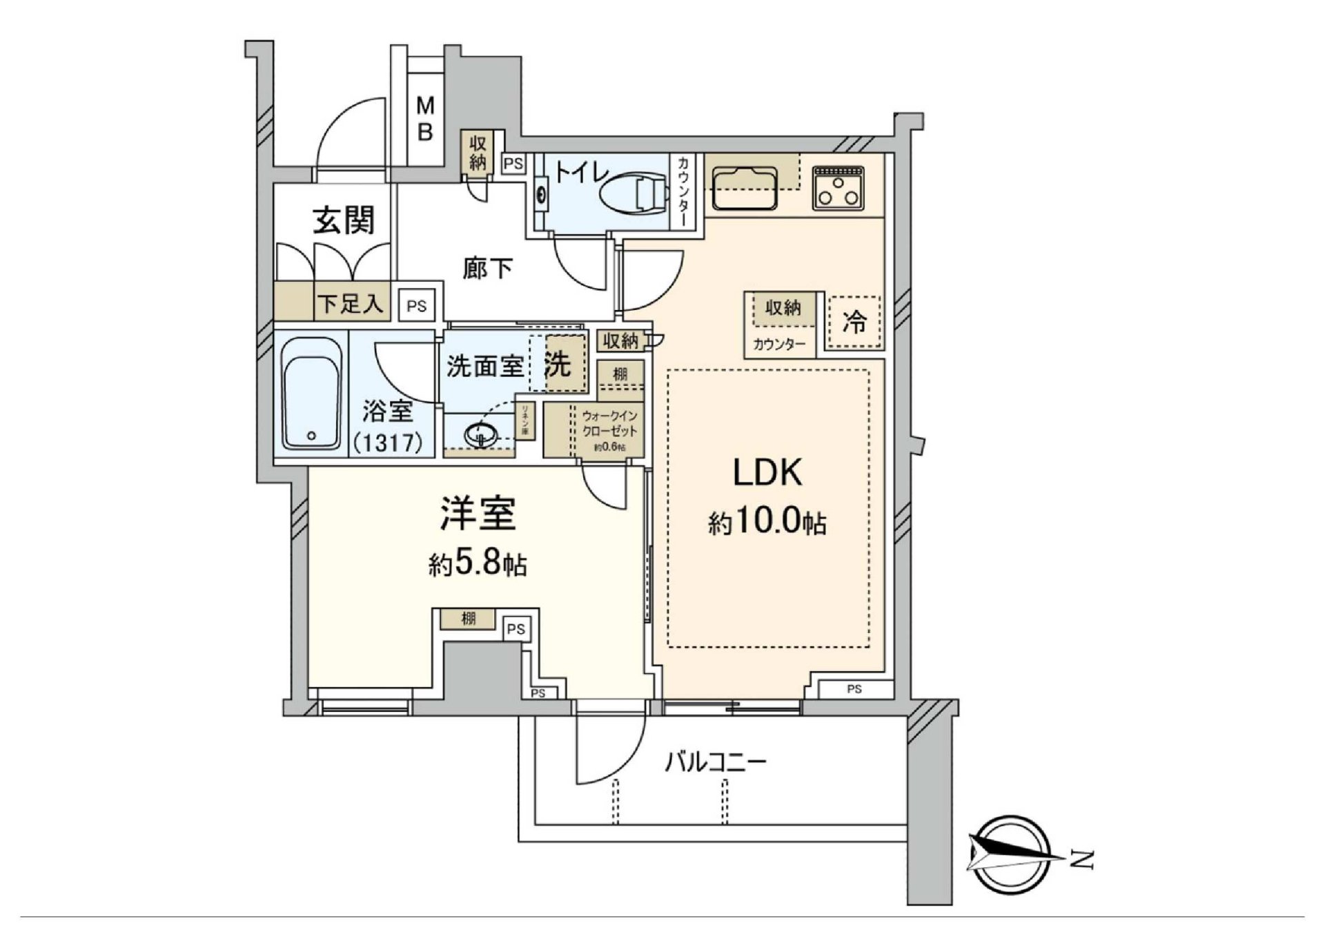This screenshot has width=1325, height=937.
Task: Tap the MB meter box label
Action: [425, 118]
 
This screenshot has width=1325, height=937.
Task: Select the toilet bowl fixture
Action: [633, 193]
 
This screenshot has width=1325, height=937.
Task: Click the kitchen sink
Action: [744, 187]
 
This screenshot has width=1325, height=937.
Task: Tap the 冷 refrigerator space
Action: [854, 322]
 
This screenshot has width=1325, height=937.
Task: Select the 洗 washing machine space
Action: [558, 365]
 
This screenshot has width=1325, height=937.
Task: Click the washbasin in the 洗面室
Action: [481, 435]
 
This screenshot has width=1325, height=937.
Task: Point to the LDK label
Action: [767, 474]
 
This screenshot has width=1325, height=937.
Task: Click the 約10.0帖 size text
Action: [767, 523]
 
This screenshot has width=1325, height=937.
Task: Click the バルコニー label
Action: [716, 763]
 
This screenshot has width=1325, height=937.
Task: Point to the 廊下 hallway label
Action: [487, 269]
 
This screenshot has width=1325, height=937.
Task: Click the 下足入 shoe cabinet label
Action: [350, 303]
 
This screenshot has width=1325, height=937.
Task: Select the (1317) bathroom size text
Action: [388, 442]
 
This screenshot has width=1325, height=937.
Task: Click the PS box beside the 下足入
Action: [416, 305]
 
